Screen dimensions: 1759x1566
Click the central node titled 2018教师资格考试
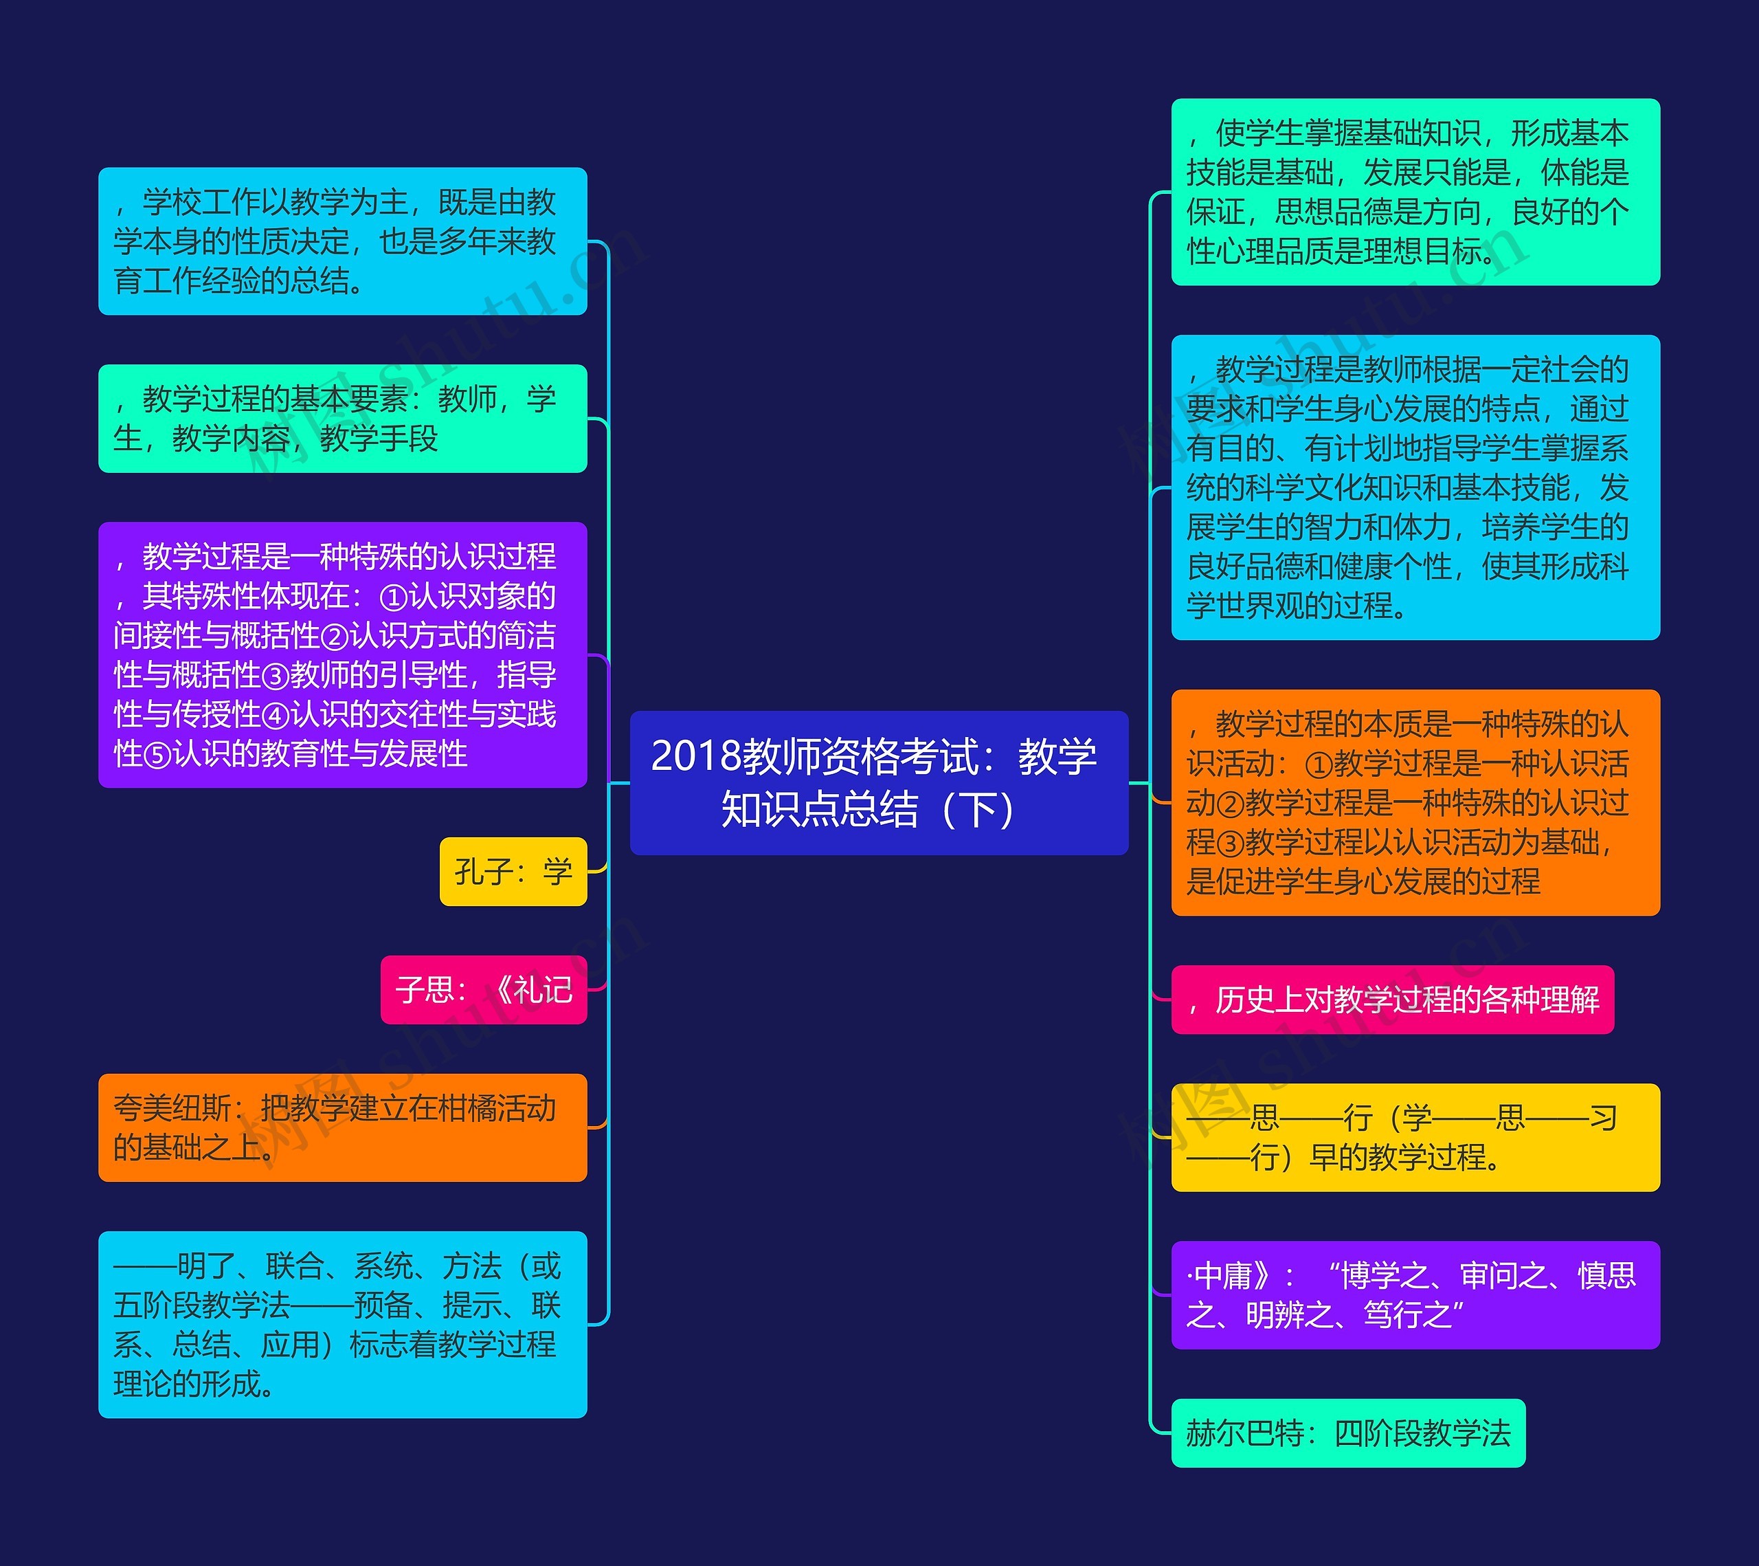click(x=879, y=782)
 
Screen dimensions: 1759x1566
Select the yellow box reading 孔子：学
click(x=513, y=871)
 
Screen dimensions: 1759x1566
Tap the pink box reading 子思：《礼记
click(x=484, y=989)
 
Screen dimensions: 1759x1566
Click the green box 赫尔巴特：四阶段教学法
click(x=1347, y=1433)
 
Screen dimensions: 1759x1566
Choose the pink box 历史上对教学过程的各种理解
click(x=1392, y=1000)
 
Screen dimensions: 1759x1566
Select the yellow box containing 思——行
click(x=1415, y=1137)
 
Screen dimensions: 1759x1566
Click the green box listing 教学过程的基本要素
click(x=342, y=419)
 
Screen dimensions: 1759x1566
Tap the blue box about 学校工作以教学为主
click(x=342, y=241)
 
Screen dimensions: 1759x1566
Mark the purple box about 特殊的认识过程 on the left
click(x=342, y=654)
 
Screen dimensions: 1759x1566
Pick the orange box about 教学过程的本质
click(x=1415, y=802)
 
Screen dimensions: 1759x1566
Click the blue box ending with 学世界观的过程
click(x=1415, y=487)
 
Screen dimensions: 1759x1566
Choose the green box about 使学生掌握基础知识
click(x=1415, y=192)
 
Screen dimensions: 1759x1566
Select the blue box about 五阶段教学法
click(x=342, y=1324)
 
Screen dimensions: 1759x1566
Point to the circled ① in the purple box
click(x=393, y=597)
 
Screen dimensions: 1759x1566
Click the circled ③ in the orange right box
click(x=1230, y=843)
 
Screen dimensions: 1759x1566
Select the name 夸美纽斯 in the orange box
click(x=172, y=1108)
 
